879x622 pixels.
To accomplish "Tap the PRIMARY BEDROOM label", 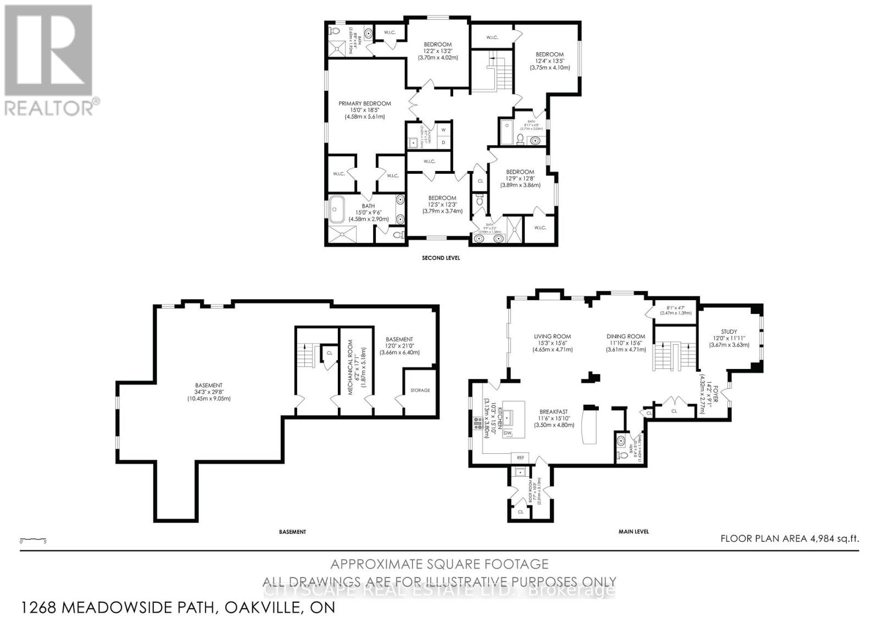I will click(364, 103).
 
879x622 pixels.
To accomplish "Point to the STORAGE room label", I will click(420, 390).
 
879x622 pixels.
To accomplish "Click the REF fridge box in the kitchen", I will click(520, 457).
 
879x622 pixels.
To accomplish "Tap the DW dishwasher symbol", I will click(508, 433).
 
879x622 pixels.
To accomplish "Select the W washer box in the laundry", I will click(443, 130).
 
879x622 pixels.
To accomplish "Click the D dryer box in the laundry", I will click(443, 142).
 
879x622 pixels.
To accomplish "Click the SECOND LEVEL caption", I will click(441, 258).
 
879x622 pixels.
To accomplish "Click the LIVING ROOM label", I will click(552, 337).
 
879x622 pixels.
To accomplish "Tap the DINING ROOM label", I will click(625, 337).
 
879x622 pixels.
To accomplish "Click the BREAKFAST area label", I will click(553, 411).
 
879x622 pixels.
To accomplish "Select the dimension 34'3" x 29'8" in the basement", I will click(208, 392).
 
